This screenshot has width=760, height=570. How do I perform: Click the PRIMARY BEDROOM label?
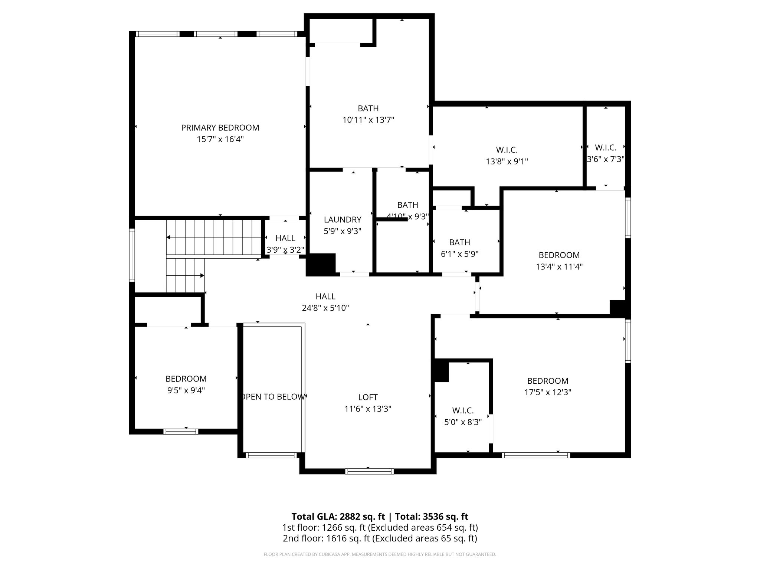tap(220, 128)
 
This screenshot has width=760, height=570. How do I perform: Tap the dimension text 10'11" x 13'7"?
tap(368, 120)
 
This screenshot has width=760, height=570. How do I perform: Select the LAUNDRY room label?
tap(342, 220)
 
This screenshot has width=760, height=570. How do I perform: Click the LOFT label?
tap(368, 397)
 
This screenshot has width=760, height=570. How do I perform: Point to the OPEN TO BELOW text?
tap(273, 397)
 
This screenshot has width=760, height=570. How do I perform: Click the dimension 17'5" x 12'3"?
tap(547, 392)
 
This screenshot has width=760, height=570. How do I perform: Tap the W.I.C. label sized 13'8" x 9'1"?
tap(507, 150)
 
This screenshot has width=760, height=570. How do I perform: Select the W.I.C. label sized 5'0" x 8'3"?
tap(463, 411)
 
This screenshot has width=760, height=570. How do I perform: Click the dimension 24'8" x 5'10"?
tap(325, 308)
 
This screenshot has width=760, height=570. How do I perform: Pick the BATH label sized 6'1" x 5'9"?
tap(459, 243)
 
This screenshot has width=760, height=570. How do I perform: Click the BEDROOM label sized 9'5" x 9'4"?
tap(186, 379)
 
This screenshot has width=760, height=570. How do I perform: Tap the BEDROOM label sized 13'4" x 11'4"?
tap(559, 255)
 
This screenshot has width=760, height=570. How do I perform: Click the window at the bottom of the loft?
tap(369, 471)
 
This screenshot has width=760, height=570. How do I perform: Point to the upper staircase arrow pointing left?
tap(168, 237)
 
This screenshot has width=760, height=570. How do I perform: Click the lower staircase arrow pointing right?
tap(202, 275)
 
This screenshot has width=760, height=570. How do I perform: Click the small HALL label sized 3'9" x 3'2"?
tap(285, 238)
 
